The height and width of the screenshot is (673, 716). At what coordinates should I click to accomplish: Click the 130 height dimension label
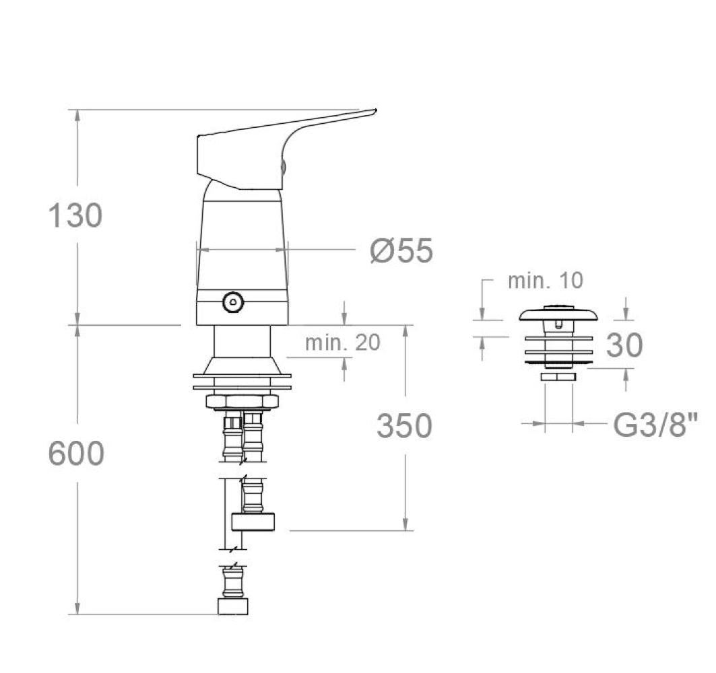point(75,215)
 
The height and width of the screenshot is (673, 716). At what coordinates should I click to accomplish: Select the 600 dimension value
point(76,454)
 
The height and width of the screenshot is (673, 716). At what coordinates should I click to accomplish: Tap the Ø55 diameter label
point(401,250)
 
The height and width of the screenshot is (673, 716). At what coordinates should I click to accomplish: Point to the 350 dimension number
point(405,426)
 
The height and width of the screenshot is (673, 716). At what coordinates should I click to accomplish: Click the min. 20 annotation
point(342,342)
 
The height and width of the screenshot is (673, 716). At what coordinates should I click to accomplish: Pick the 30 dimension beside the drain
point(624,345)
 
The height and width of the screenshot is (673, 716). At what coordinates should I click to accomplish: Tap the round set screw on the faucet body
point(233,302)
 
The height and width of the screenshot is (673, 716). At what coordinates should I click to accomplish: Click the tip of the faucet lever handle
point(376,110)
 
